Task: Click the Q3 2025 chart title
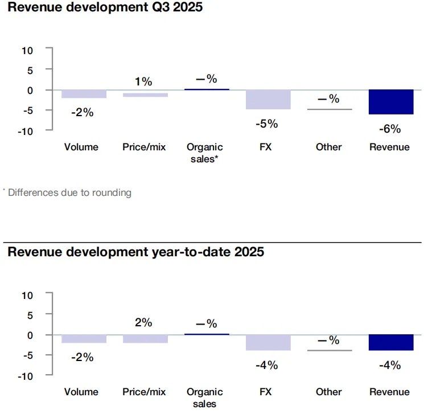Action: coord(105,8)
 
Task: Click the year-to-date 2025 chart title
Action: coord(136,252)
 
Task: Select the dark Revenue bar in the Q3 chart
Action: coord(390,102)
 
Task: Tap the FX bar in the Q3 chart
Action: coord(268,100)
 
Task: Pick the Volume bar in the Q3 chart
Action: coord(84,94)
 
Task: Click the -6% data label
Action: coord(390,129)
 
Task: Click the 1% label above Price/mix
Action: coord(144,82)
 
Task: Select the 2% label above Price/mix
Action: coord(144,322)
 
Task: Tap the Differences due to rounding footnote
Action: coord(68,192)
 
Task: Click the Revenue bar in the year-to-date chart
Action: coord(390,342)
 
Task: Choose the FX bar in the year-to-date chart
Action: coord(268,342)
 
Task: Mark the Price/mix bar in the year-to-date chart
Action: coord(145,339)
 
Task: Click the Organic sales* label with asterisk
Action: coord(205,153)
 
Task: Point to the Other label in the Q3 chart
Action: coord(328,147)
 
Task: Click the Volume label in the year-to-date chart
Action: coord(81,392)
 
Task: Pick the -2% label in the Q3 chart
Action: coord(82,113)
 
